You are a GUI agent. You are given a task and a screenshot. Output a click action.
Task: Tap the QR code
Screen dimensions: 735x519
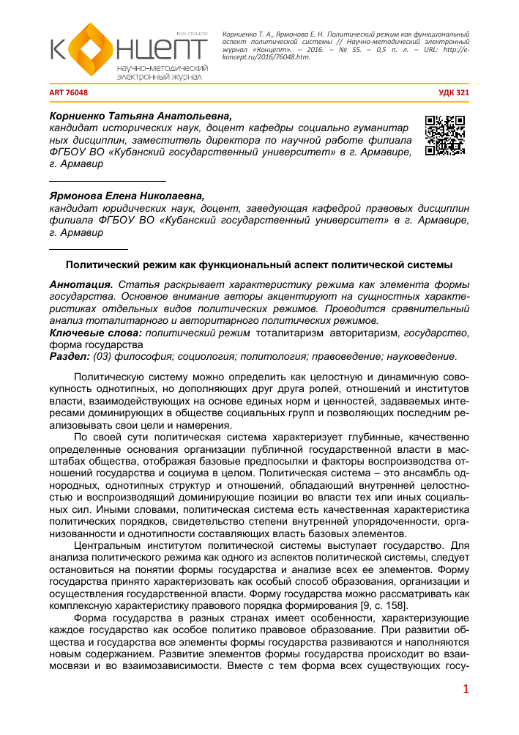(x=445, y=134)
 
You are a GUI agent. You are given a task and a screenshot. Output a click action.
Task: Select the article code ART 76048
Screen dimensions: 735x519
(x=69, y=93)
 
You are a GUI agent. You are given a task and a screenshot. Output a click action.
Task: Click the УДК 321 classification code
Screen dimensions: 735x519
(x=452, y=93)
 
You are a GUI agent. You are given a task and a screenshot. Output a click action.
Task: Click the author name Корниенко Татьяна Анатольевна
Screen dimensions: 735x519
(x=139, y=116)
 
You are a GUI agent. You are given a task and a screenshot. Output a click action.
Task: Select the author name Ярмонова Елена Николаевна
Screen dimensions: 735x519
(x=127, y=196)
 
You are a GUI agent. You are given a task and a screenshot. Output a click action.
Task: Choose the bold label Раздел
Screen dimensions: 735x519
(x=67, y=357)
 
